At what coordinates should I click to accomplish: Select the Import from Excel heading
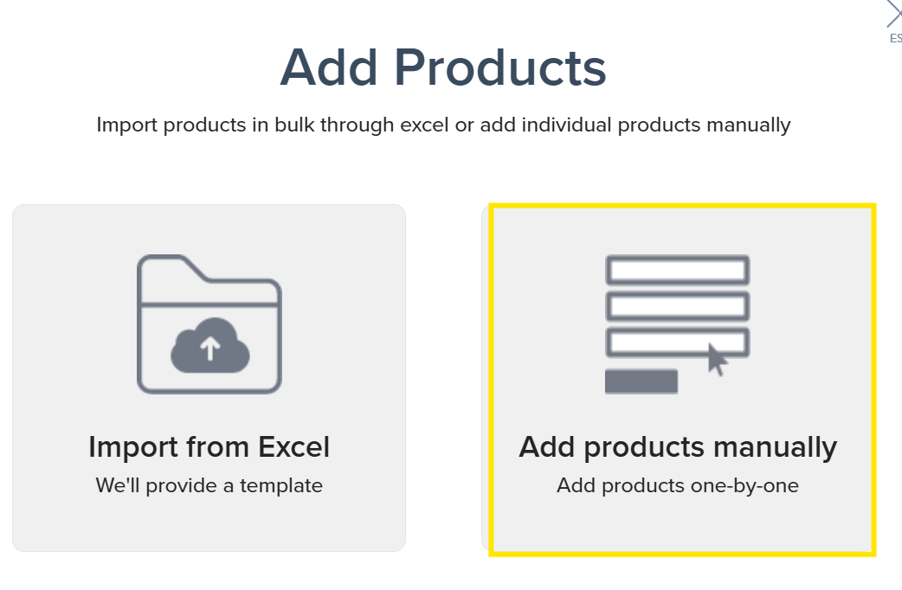(209, 447)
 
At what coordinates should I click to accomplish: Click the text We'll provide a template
(209, 485)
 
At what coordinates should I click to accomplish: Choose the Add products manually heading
(678, 447)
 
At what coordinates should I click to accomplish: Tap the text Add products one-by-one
(678, 485)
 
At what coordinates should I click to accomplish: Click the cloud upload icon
(209, 346)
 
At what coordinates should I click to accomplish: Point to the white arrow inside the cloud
(209, 349)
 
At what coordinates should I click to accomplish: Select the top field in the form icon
(677, 270)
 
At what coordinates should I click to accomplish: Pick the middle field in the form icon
(677, 306)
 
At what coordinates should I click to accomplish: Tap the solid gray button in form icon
(641, 381)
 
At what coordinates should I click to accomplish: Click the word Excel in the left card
(291, 447)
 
